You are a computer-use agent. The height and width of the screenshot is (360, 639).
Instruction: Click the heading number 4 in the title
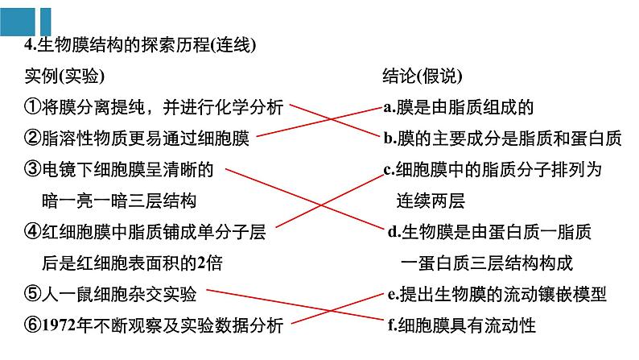(x=28, y=46)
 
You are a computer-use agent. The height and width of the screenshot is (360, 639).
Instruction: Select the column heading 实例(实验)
(x=64, y=77)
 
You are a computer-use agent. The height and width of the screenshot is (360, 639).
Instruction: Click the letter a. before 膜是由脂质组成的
(x=390, y=107)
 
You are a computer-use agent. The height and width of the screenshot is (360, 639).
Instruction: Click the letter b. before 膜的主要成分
(x=390, y=139)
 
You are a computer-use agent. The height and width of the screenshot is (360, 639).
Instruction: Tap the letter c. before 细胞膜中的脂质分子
(x=390, y=170)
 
